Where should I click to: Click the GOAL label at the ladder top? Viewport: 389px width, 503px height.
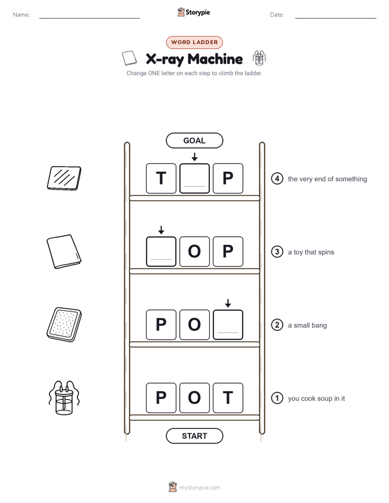pyautogui.click(x=194, y=140)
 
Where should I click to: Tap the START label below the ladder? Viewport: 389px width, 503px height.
pyautogui.click(x=194, y=436)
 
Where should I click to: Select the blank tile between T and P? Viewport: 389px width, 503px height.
pyautogui.click(x=194, y=179)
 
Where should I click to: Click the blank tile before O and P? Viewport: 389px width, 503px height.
pyautogui.click(x=161, y=251)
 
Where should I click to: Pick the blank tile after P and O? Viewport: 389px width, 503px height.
pyautogui.click(x=228, y=324)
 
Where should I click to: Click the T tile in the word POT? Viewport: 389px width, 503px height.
pyautogui.click(x=228, y=398)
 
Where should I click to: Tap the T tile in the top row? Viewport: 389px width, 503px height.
pyautogui.click(x=161, y=179)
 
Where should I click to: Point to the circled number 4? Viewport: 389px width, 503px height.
pyautogui.click(x=277, y=179)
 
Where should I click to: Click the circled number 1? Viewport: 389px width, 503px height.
pyautogui.click(x=277, y=398)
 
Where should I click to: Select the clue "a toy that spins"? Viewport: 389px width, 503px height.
pyautogui.click(x=311, y=252)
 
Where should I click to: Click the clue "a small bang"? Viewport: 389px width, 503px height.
pyautogui.click(x=307, y=326)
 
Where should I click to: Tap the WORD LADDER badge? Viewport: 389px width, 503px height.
pyautogui.click(x=194, y=42)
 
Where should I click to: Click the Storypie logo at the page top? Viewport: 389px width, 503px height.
pyautogui.click(x=193, y=12)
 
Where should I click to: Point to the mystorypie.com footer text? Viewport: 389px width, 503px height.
pyautogui.click(x=199, y=488)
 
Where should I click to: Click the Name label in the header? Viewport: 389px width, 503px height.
pyautogui.click(x=21, y=15)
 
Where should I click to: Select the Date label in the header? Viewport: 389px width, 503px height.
pyautogui.click(x=277, y=15)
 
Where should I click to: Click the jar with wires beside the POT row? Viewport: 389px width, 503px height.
pyautogui.click(x=64, y=398)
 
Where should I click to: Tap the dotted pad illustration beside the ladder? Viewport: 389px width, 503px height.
pyautogui.click(x=64, y=324)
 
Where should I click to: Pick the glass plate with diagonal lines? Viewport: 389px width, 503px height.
pyautogui.click(x=64, y=178)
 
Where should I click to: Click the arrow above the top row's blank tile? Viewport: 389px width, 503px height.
pyautogui.click(x=194, y=157)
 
